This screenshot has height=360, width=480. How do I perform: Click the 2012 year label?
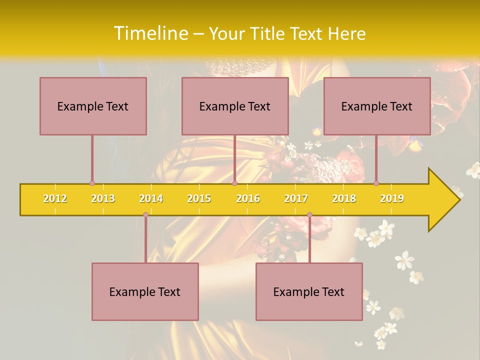pyautogui.click(x=55, y=198)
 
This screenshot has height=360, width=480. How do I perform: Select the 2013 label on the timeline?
pyautogui.click(x=103, y=198)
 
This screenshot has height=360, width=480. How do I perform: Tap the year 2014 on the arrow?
pyautogui.click(x=151, y=198)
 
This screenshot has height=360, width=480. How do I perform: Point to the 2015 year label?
pyautogui.click(x=199, y=198)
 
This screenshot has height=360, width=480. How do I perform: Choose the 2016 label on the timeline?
pyautogui.click(x=248, y=198)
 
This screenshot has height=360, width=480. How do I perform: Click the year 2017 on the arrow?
pyautogui.click(x=296, y=198)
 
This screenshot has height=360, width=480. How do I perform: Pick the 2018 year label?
pyautogui.click(x=344, y=198)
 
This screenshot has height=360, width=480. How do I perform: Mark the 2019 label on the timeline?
pyautogui.click(x=392, y=198)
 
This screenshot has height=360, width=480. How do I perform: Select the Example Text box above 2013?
pyautogui.click(x=93, y=106)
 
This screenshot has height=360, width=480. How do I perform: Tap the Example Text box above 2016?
pyautogui.click(x=235, y=106)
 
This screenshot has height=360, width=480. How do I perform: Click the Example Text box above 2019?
pyautogui.click(x=377, y=106)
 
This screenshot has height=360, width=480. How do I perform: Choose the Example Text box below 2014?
pyautogui.click(x=145, y=291)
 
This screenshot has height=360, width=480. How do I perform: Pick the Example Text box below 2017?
pyautogui.click(x=309, y=291)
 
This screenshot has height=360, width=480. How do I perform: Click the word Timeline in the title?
pyautogui.click(x=150, y=33)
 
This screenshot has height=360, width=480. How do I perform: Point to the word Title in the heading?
pyautogui.click(x=269, y=33)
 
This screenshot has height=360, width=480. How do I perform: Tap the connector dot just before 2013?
pyautogui.click(x=92, y=183)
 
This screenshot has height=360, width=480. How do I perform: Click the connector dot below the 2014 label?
pyautogui.click(x=145, y=214)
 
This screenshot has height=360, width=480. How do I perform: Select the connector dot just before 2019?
pyautogui.click(x=376, y=183)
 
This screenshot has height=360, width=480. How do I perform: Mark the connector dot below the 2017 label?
pyautogui.click(x=309, y=214)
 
